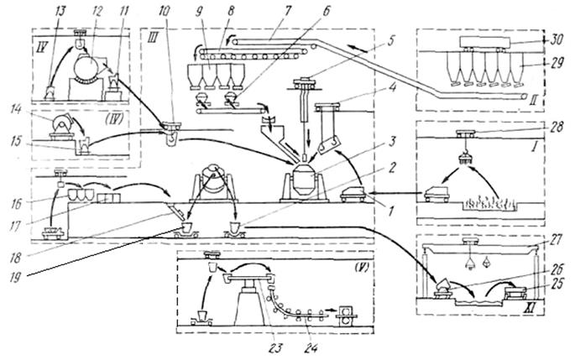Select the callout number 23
(278, 345)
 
